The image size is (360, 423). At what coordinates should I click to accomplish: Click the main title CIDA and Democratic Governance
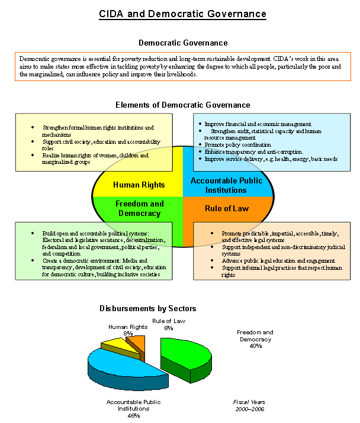(x=182, y=14)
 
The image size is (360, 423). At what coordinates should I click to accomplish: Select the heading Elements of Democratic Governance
(x=182, y=105)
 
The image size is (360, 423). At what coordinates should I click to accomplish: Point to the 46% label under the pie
(x=133, y=415)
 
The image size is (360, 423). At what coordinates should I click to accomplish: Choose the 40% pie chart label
(x=255, y=346)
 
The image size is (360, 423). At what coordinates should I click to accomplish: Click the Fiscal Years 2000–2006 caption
(x=249, y=405)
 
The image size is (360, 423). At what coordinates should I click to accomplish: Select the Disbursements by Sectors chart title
(x=147, y=308)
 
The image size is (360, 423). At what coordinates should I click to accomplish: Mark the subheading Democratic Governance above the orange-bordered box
(x=182, y=43)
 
